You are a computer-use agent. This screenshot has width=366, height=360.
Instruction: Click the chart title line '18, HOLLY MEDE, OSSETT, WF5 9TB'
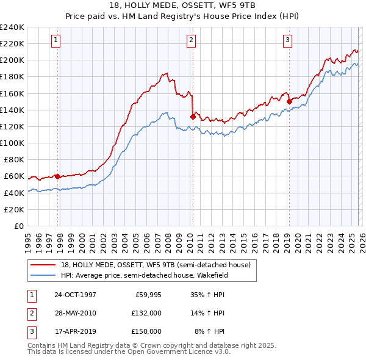click(182, 6)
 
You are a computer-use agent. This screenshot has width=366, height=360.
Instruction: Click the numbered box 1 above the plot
click(56, 40)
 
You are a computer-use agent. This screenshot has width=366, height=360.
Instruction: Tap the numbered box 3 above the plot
click(287, 40)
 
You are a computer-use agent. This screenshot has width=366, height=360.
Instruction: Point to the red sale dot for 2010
click(193, 117)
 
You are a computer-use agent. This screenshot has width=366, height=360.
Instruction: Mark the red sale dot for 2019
click(289, 101)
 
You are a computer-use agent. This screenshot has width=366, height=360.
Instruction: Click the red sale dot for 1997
click(58, 176)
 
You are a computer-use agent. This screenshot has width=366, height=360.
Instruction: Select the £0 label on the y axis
click(18, 226)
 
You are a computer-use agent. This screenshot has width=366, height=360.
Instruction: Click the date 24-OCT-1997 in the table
click(75, 295)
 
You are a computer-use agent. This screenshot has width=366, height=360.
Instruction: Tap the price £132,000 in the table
click(146, 313)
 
